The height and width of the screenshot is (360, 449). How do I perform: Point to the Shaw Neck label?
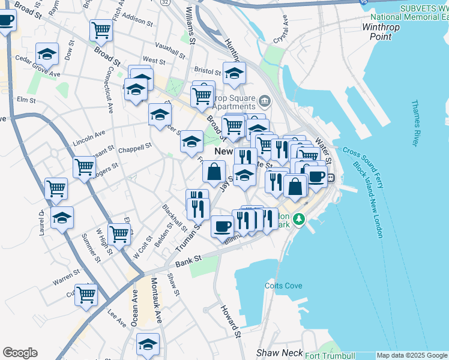(279, 353)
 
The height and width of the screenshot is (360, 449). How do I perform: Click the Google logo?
(20, 353)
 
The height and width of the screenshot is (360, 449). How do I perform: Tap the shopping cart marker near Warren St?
(86, 295)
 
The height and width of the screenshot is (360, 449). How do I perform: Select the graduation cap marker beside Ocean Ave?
(148, 344)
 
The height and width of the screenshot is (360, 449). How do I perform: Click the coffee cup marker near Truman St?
(223, 226)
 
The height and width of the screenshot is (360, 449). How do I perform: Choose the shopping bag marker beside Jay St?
(214, 172)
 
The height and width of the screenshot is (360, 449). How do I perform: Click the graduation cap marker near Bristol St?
(234, 73)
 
